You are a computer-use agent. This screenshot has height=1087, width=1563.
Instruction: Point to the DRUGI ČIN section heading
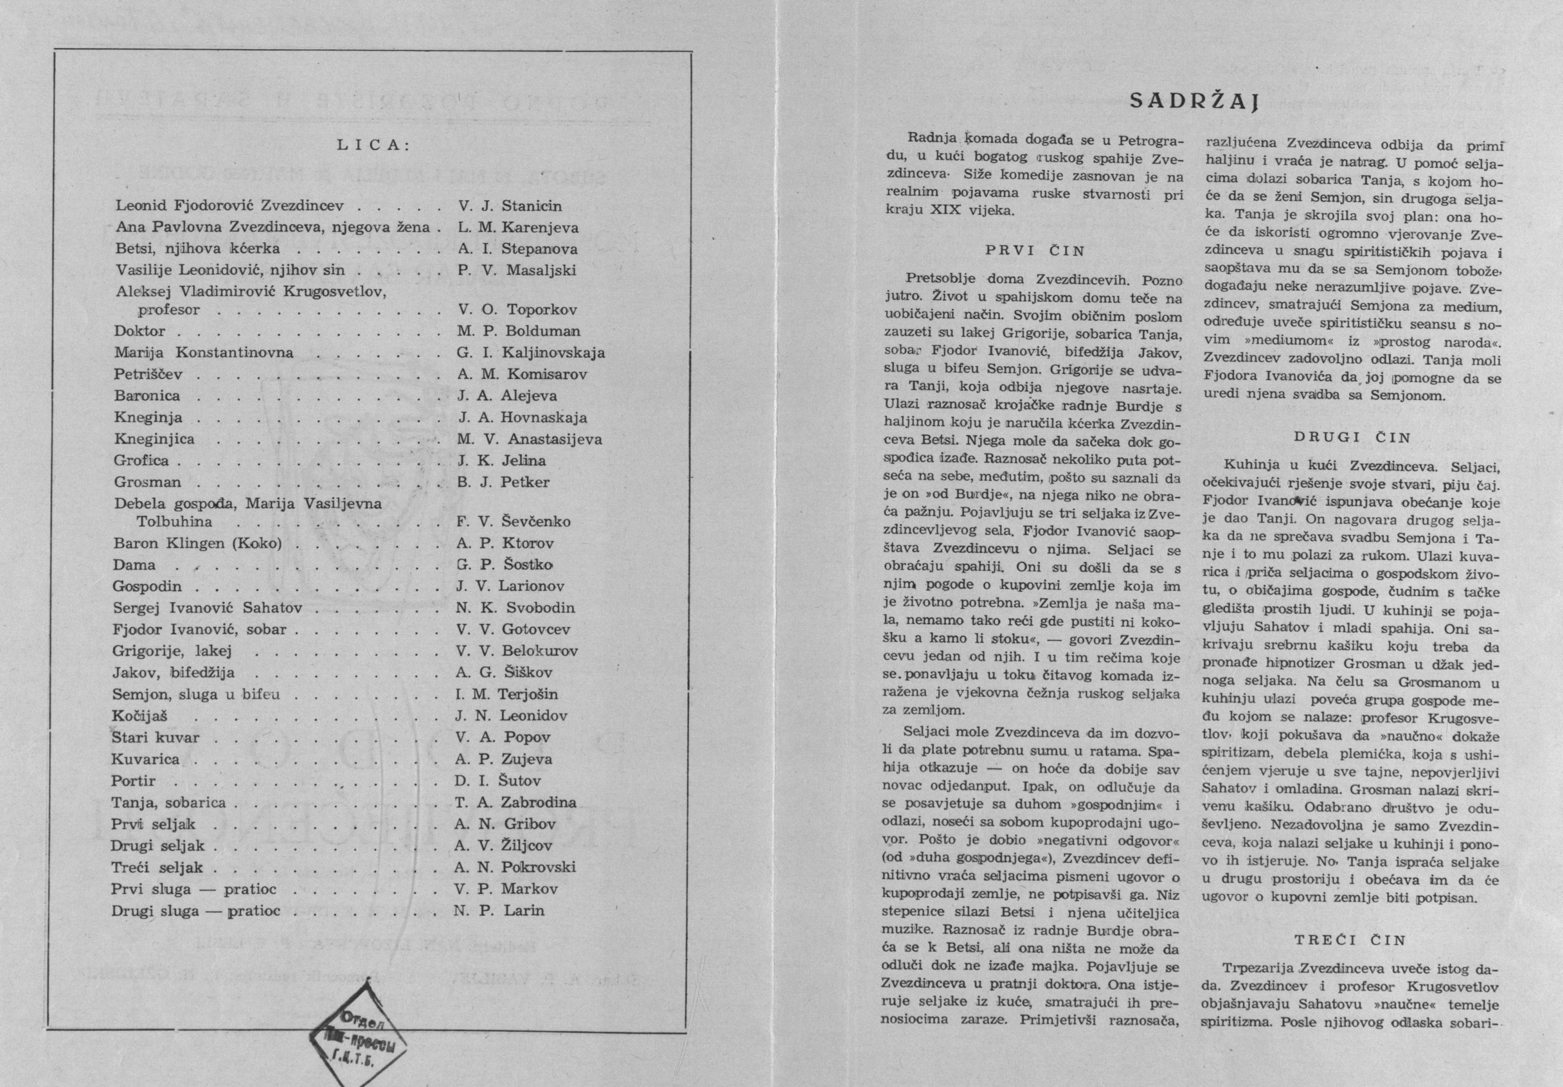tap(1352, 437)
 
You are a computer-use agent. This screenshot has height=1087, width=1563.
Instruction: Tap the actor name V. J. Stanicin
tap(510, 205)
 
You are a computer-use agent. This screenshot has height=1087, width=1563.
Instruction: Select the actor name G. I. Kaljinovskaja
tap(531, 353)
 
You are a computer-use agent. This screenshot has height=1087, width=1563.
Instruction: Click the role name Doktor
tap(140, 331)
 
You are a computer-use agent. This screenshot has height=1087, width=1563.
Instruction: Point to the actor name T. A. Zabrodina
tap(515, 802)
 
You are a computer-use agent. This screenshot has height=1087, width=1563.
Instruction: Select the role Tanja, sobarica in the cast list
tap(169, 802)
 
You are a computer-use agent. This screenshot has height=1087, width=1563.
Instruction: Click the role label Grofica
tap(142, 461)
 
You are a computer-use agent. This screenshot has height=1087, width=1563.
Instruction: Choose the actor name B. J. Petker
tap(503, 483)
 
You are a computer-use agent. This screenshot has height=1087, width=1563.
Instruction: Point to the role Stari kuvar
tap(156, 737)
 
